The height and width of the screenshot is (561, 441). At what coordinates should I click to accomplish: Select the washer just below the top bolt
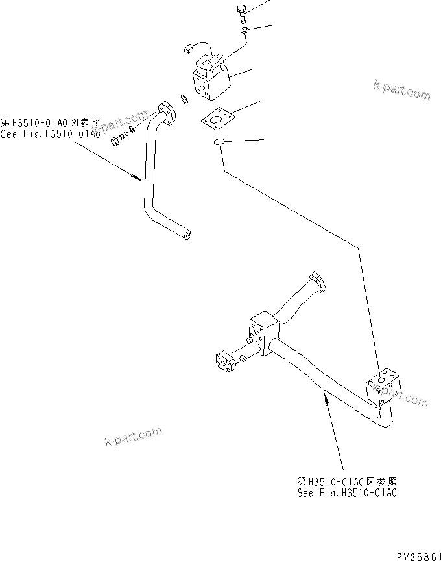click(x=244, y=30)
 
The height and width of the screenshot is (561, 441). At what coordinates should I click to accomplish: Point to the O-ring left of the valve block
click(x=184, y=98)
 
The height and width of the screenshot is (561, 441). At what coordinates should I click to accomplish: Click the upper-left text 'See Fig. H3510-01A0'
click(x=51, y=130)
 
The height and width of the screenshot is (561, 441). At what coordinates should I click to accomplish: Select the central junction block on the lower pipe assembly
click(x=261, y=335)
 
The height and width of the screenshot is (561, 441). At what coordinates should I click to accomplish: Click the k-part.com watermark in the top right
click(x=401, y=91)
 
